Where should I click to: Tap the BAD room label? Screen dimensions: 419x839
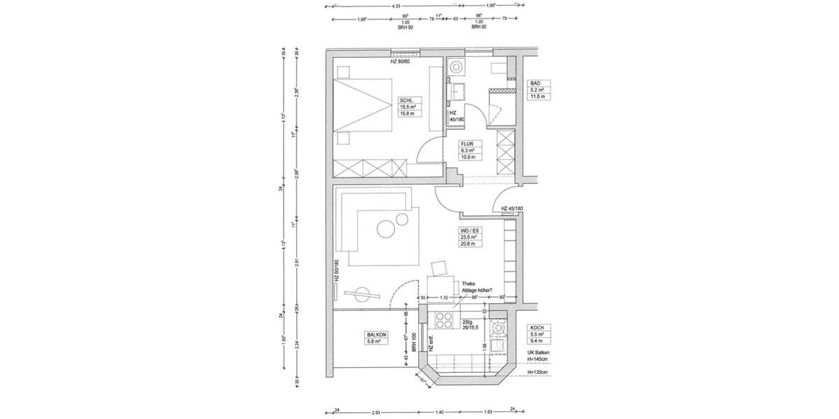pyautogui.click(x=536, y=83)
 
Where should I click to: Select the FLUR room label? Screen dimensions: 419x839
pyautogui.click(x=467, y=144)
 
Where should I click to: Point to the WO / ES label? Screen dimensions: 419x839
pyautogui.click(x=468, y=230)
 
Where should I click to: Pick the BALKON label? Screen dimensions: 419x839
pyautogui.click(x=375, y=335)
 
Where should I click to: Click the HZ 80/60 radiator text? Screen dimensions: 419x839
pyautogui.click(x=403, y=62)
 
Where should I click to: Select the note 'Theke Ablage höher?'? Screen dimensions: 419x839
pyautogui.click(x=475, y=287)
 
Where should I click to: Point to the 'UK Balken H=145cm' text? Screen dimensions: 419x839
pyautogui.click(x=541, y=356)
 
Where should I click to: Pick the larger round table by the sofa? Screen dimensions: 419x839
pyautogui.click(x=385, y=229)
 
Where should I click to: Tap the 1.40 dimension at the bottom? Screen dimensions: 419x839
pyautogui.click(x=440, y=413)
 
